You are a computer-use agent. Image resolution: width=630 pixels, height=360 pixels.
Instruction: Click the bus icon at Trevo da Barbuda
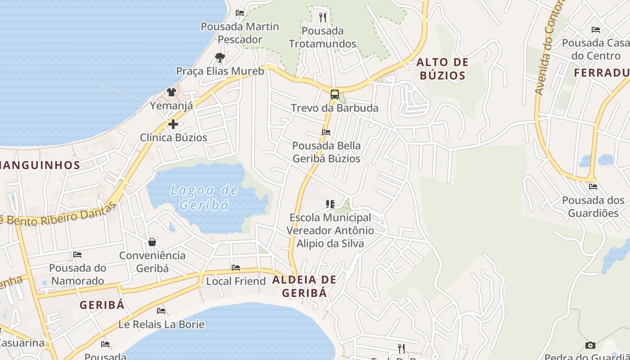pyautogui.click(x=335, y=94)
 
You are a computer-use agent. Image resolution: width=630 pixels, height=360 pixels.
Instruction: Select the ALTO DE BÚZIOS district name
pyautogui.click(x=442, y=69)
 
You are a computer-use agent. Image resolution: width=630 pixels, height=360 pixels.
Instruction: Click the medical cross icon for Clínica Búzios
pyautogui.click(x=173, y=124)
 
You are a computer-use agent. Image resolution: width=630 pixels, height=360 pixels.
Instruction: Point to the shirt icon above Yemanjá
pyautogui.click(x=171, y=93)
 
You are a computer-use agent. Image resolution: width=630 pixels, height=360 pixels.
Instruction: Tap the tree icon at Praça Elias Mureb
pyautogui.click(x=220, y=58)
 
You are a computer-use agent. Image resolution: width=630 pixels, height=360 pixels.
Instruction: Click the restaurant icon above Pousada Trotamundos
pyautogui.click(x=322, y=18)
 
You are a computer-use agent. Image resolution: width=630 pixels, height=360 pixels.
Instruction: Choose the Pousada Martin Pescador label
pyautogui.click(x=240, y=33)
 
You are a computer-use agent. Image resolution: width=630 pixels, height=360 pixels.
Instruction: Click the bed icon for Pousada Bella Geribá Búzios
pyautogui.click(x=326, y=132)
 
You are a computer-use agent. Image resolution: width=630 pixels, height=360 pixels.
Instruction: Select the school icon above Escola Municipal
pyautogui.click(x=330, y=204)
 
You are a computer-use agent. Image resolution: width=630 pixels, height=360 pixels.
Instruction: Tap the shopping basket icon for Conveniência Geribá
pyautogui.click(x=152, y=242)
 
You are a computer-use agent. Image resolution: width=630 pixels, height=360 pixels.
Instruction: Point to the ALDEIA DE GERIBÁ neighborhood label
pyautogui.click(x=304, y=286)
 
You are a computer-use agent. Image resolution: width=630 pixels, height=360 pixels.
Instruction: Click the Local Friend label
pyautogui.click(x=236, y=281)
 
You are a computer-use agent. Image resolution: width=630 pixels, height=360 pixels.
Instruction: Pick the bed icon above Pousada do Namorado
pyautogui.click(x=77, y=255)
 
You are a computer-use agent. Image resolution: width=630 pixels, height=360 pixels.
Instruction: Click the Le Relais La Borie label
pyautogui.click(x=161, y=324)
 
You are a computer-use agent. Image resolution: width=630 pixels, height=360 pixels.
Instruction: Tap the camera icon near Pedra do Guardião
pyautogui.click(x=590, y=346)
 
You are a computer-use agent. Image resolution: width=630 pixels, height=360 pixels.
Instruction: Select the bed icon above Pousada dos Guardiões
pyautogui.click(x=593, y=187)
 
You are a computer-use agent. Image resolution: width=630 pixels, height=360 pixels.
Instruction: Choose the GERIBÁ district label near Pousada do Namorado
pyautogui.click(x=102, y=305)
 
